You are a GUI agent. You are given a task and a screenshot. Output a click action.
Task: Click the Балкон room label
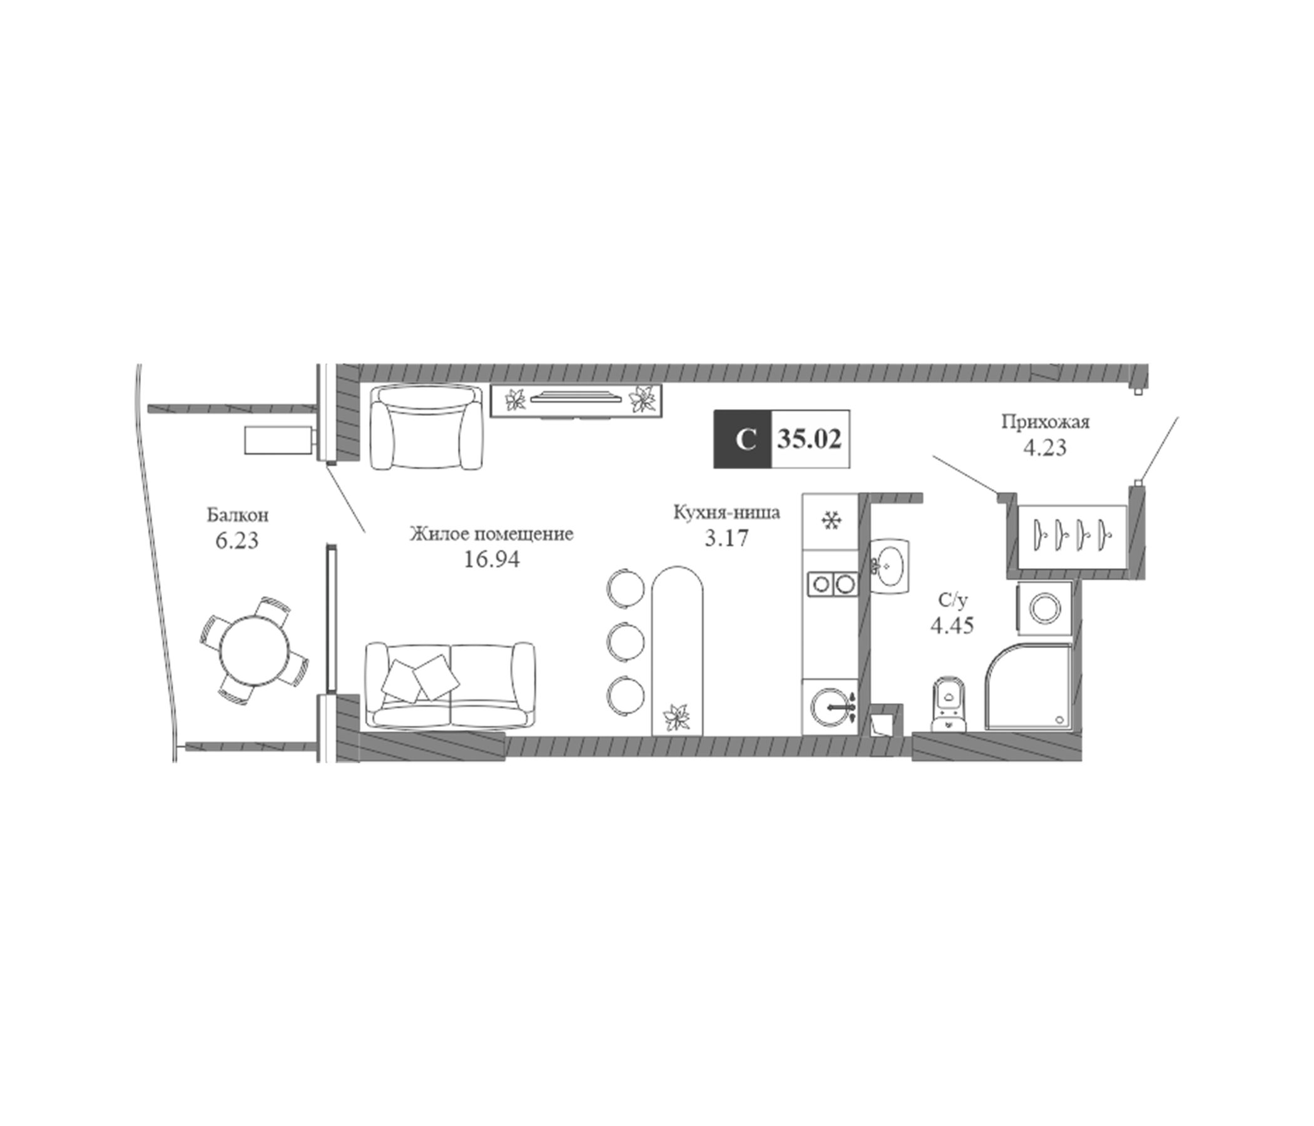point(238,515)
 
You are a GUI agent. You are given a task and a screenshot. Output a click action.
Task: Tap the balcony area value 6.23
point(237,541)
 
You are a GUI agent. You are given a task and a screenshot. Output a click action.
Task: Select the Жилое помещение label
point(491,534)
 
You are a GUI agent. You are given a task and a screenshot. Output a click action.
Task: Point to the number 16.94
point(491,560)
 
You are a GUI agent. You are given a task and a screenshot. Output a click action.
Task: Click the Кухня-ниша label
point(726,512)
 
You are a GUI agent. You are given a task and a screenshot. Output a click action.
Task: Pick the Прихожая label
point(1045,422)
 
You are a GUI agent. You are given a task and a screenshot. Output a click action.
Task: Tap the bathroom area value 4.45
point(952,625)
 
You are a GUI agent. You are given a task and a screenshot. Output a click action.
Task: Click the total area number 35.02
point(810,439)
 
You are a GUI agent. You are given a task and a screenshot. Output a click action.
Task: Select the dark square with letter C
point(743,439)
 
